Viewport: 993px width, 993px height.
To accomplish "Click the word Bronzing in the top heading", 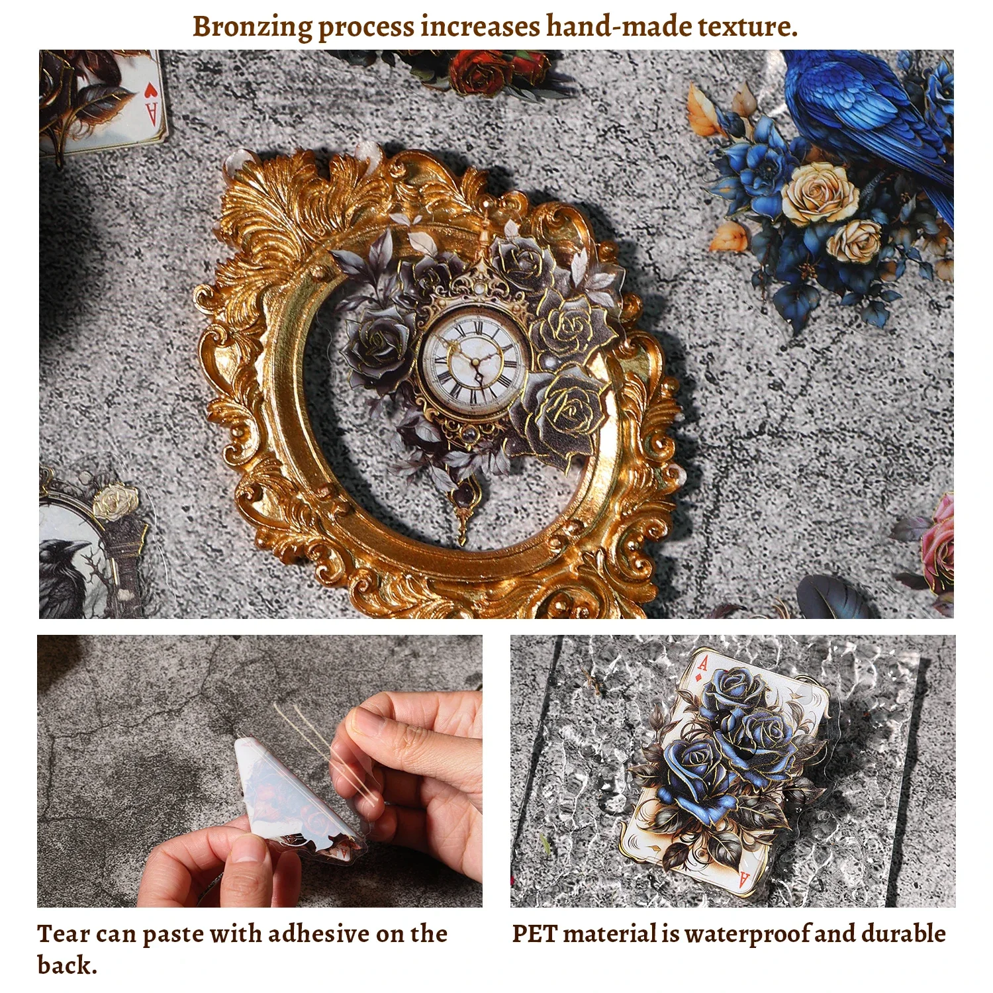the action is [x=252, y=27].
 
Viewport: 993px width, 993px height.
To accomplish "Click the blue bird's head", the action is [x=812, y=63].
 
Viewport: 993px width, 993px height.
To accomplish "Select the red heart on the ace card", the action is [x=151, y=91].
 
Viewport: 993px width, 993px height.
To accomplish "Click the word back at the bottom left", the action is [x=66, y=965].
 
